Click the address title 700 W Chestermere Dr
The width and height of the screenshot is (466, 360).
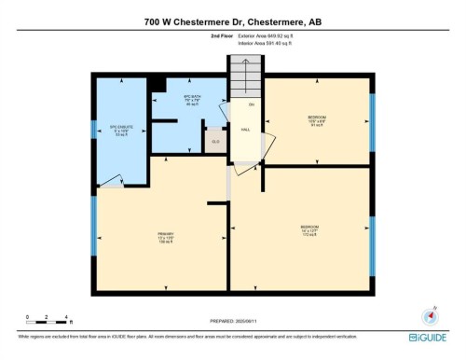pos(232,21)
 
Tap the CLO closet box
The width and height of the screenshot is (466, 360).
pos(215,141)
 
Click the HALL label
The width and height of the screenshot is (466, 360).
pos(245,131)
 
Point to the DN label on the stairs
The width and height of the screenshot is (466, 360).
pos(251,104)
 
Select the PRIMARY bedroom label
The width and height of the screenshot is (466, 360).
pos(166,237)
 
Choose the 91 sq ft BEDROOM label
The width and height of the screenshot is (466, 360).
pos(316,120)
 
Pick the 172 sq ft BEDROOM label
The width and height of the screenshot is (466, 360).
pos(309,230)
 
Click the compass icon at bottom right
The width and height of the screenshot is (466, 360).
pos(430,317)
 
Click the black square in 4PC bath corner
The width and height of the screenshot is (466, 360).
pos(158,85)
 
